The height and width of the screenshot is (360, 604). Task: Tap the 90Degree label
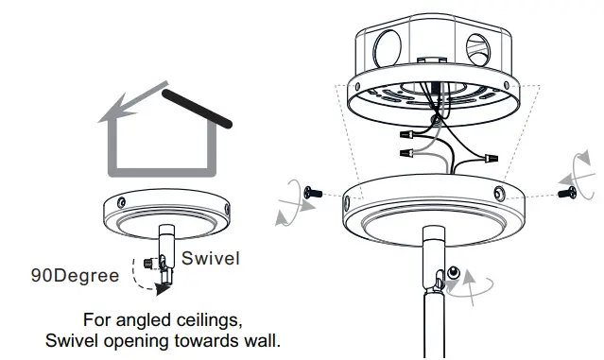76,276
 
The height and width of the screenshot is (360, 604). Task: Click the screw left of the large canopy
315,193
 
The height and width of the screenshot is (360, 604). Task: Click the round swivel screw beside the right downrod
455,274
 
